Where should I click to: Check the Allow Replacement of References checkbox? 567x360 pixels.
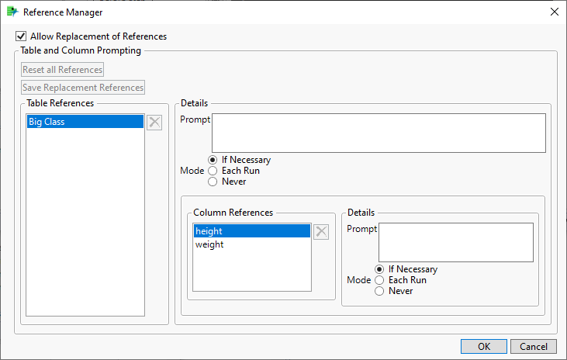pyautogui.click(x=21, y=36)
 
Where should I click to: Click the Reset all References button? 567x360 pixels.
pyautogui.click(x=63, y=70)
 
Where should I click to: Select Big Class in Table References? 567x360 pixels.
pyautogui.click(x=85, y=122)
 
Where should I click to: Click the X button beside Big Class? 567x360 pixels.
pyautogui.click(x=154, y=123)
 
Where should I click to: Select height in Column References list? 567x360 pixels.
pyautogui.click(x=252, y=231)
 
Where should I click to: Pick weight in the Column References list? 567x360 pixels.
pyautogui.click(x=209, y=244)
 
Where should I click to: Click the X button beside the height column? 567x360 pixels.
pyautogui.click(x=321, y=231)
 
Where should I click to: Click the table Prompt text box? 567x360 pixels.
pyautogui.click(x=379, y=133)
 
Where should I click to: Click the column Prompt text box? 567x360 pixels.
pyautogui.click(x=456, y=242)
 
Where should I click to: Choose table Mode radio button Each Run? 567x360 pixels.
pyautogui.click(x=213, y=171)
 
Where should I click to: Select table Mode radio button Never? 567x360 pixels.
pyautogui.click(x=213, y=182)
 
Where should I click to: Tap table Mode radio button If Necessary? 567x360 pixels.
pyautogui.click(x=213, y=160)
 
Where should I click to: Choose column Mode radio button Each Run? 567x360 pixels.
pyautogui.click(x=379, y=280)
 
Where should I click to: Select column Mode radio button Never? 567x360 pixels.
pyautogui.click(x=379, y=291)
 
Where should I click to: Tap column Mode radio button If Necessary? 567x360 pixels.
pyautogui.click(x=379, y=269)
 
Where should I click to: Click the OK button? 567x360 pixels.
pyautogui.click(x=484, y=347)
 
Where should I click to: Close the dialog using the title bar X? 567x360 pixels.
pyautogui.click(x=555, y=12)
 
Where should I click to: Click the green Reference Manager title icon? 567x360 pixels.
pyautogui.click(x=12, y=12)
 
